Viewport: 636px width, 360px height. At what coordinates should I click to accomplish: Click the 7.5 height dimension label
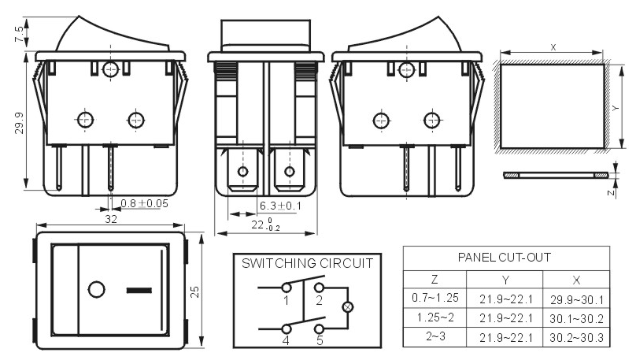pos(19,34)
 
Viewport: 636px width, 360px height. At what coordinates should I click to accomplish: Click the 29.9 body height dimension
pos(19,124)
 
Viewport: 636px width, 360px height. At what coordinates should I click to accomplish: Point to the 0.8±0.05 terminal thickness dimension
pos(144,203)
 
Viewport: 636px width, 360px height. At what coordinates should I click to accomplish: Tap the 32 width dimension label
pos(111,219)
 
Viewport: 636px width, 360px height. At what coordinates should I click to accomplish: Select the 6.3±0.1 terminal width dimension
pos(280,206)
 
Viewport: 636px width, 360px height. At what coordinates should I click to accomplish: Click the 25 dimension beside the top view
pos(195,292)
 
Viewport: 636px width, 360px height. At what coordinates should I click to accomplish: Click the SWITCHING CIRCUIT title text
pos(307,263)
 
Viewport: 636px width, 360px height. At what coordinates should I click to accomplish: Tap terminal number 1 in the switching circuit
pos(287,301)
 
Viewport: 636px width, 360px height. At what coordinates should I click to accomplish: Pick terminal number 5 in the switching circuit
pos(320,340)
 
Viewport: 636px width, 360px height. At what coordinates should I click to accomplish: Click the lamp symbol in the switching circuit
pos(347,307)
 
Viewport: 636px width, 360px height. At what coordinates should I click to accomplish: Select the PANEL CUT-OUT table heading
pos(505,258)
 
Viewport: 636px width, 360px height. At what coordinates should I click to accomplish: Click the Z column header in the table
pos(434,279)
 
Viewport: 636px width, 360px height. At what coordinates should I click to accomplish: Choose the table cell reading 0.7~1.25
pos(434,298)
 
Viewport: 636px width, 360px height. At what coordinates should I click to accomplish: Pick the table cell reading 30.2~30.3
pos(576,338)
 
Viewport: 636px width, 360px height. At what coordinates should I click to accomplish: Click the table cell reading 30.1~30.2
pos(576,319)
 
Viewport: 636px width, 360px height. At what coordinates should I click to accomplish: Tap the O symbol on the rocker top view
pos(97,290)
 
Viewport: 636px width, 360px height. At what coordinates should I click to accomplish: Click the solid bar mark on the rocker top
pos(139,290)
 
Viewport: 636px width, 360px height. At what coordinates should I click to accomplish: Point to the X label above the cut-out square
pos(553,47)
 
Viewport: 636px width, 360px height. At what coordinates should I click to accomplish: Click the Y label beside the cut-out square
pos(616,109)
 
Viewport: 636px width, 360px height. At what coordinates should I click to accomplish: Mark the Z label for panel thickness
pos(611,193)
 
